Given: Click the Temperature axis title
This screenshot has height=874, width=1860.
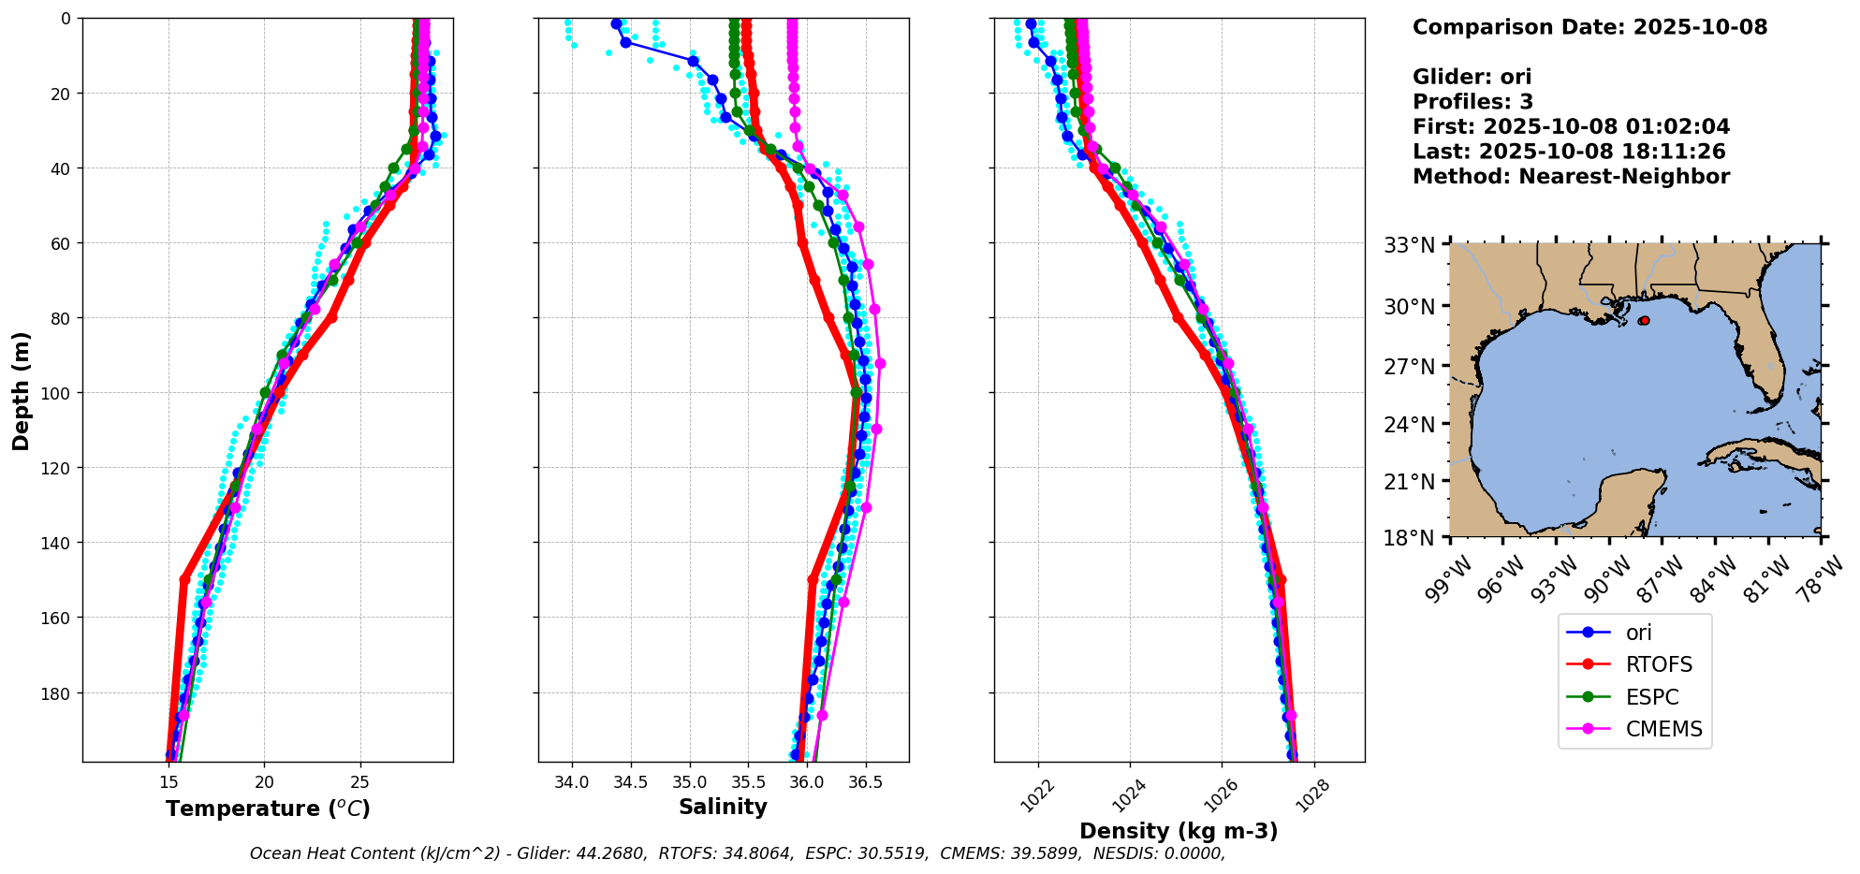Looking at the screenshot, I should click(x=268, y=808).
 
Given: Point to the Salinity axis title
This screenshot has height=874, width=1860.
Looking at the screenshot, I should click(x=723, y=808).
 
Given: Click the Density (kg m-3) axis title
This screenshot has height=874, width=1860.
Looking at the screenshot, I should click(x=1179, y=831).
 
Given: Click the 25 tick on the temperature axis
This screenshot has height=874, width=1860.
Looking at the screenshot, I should click(x=360, y=781).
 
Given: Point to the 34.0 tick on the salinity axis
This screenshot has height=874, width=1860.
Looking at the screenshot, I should click(x=572, y=781).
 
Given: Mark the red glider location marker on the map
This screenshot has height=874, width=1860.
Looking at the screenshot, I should click(x=1644, y=321).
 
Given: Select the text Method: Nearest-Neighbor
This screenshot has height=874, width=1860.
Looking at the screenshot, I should click(x=1571, y=177).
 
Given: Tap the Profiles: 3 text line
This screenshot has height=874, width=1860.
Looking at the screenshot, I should click(x=1472, y=102).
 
